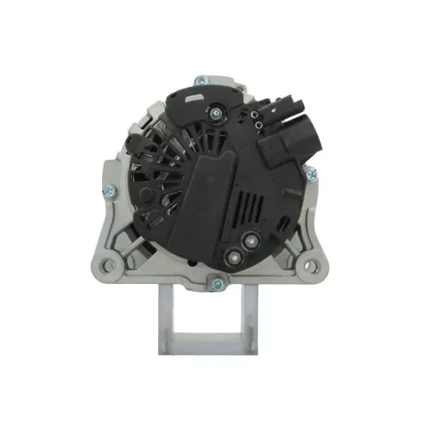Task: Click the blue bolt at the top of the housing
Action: [x=201, y=81]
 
